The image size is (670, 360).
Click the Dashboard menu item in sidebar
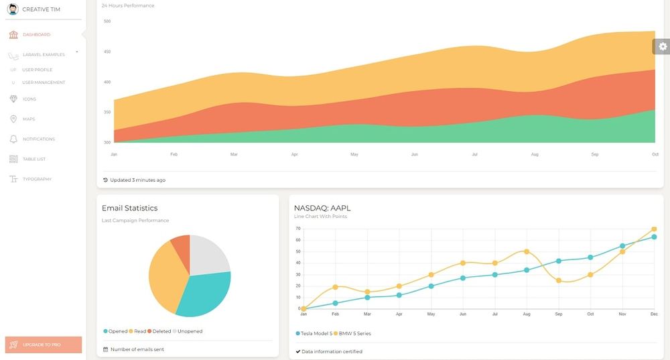click(36, 34)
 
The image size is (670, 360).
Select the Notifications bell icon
click(14, 139)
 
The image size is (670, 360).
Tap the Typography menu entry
click(37, 180)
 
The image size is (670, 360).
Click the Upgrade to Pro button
click(43, 345)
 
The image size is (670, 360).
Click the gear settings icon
click(662, 46)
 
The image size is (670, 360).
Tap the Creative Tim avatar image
click(13, 9)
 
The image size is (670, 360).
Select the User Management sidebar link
click(44, 82)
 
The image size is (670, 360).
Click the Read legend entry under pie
click(139, 331)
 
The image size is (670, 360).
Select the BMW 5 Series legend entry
click(352, 333)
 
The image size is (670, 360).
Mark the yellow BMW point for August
click(527, 251)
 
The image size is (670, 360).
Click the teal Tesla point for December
click(654, 237)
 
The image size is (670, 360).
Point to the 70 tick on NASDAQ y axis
click(297, 229)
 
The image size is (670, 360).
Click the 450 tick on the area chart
click(107, 52)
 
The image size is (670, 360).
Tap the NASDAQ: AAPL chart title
click(322, 208)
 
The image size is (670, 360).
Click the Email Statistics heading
click(129, 208)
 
